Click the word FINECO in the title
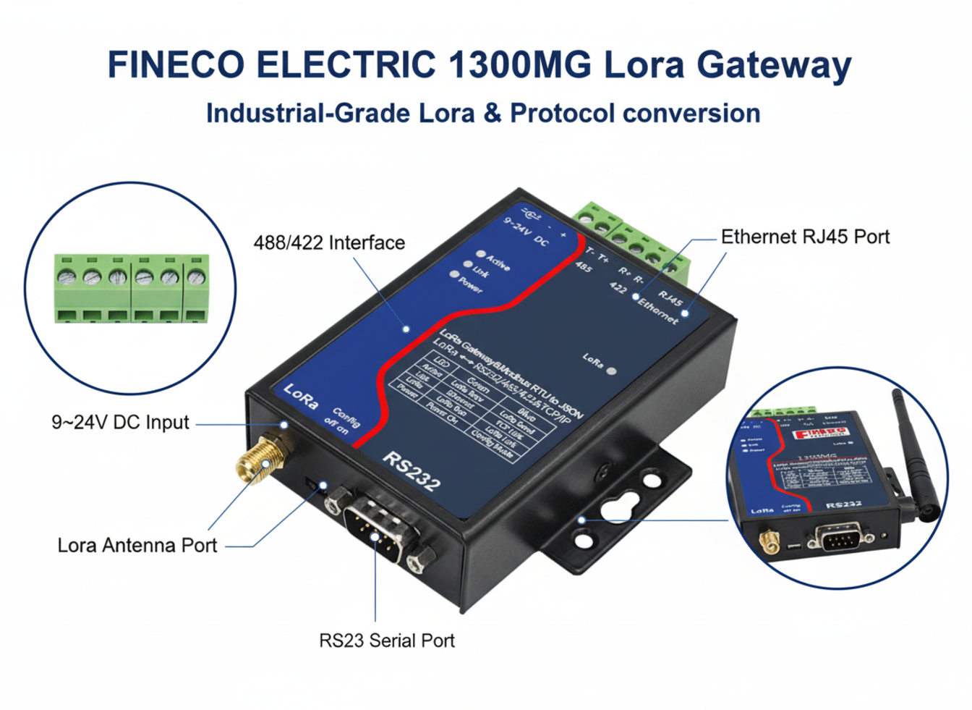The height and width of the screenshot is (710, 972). (x=176, y=65)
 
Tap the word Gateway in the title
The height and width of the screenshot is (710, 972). (x=774, y=65)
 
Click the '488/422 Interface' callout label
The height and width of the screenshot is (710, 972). (x=329, y=243)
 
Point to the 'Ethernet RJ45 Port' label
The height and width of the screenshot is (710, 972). (x=805, y=237)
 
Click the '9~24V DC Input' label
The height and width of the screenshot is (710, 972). (x=120, y=423)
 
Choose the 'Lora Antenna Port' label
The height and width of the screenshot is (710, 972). (x=137, y=546)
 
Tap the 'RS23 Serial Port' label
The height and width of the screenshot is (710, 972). (x=387, y=641)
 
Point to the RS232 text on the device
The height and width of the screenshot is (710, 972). (x=411, y=471)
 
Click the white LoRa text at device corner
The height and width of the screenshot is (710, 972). (x=301, y=396)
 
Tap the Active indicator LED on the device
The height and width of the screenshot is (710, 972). (x=480, y=254)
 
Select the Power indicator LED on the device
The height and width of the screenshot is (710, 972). (x=454, y=274)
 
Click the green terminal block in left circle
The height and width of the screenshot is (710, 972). (x=131, y=287)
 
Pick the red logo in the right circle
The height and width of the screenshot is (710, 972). (x=820, y=434)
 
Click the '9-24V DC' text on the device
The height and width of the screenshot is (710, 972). (x=526, y=231)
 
